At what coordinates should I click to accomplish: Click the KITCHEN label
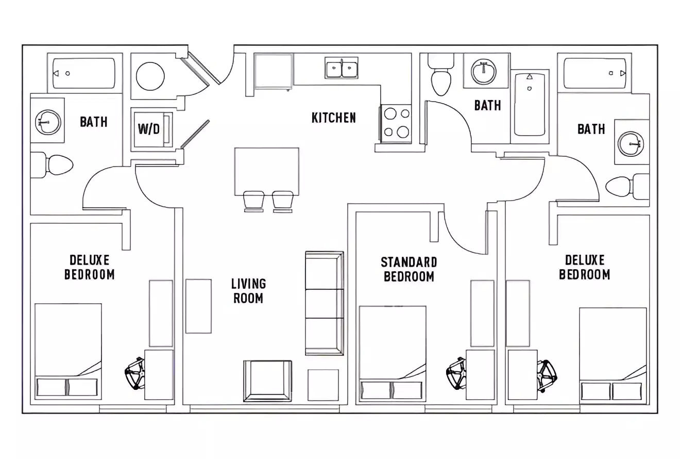(x=333, y=118)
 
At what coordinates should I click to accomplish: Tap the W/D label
(x=148, y=129)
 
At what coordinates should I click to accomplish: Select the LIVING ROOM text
(x=248, y=291)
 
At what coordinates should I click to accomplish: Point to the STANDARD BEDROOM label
(x=409, y=269)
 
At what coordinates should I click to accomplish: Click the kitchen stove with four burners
(x=397, y=124)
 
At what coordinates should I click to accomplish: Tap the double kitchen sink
(x=342, y=68)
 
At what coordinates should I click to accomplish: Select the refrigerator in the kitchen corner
(x=274, y=71)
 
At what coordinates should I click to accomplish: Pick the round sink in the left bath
(x=48, y=122)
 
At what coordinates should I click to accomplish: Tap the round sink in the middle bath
(x=483, y=71)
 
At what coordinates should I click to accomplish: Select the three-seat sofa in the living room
(x=324, y=303)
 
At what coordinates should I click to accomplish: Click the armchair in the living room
(x=267, y=381)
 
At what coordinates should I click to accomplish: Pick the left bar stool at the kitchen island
(x=253, y=201)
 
